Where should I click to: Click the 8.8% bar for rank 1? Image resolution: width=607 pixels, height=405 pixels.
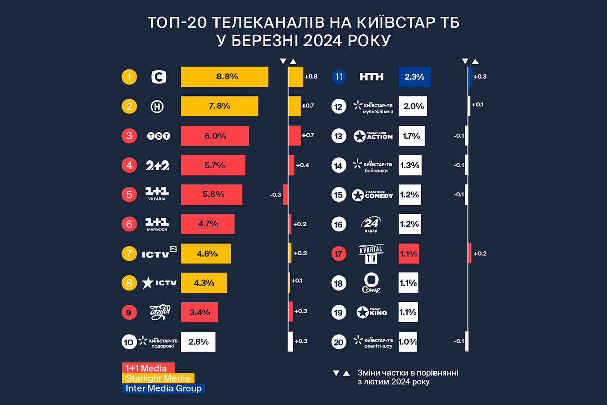click(225, 77)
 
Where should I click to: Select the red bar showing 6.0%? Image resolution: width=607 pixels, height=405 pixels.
click(215, 136)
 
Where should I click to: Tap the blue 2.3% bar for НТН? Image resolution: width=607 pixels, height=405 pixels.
click(414, 77)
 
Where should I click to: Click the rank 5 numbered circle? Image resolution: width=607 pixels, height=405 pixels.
click(129, 194)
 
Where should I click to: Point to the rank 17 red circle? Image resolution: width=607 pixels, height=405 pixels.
click(338, 253)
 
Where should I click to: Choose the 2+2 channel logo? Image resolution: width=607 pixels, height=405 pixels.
click(157, 165)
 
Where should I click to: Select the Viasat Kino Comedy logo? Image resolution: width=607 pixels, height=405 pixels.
click(373, 194)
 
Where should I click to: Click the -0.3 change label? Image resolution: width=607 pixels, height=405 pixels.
click(276, 194)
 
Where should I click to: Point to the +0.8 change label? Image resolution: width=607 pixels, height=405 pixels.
click(311, 77)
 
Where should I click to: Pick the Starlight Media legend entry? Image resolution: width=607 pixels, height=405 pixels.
click(158, 378)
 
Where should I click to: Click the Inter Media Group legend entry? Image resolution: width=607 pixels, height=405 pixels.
click(164, 389)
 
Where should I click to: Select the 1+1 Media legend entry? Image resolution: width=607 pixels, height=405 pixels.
click(148, 368)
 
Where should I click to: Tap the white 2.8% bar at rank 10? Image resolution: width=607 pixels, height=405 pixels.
click(198, 341)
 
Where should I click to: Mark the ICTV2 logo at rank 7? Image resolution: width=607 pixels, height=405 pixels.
click(158, 253)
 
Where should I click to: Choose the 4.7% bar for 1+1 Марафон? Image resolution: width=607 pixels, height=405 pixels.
click(208, 224)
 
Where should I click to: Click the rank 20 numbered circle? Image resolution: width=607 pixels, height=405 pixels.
click(338, 341)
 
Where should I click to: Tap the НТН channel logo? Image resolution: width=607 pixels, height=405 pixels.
click(372, 77)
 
